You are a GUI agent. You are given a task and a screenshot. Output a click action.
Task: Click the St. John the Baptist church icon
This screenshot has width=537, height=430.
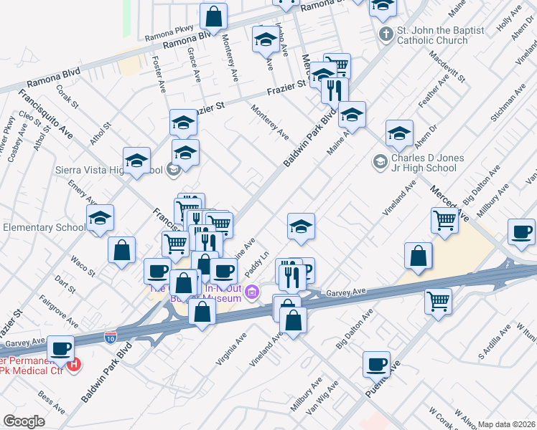[x=385, y=34]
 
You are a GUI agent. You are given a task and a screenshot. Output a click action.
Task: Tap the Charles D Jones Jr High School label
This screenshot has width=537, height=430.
[x=424, y=163]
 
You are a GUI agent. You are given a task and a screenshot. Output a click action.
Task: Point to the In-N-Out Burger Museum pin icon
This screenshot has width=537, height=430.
[x=252, y=292]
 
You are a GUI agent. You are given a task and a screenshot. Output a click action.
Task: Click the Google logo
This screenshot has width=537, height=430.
[x=24, y=421]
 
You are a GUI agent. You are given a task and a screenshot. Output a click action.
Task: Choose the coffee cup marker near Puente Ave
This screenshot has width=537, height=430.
[x=375, y=364]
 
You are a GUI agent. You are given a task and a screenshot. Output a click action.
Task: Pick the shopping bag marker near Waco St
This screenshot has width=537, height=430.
[x=122, y=250]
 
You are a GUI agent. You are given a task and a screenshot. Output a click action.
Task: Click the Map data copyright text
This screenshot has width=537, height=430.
[x=507, y=424]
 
